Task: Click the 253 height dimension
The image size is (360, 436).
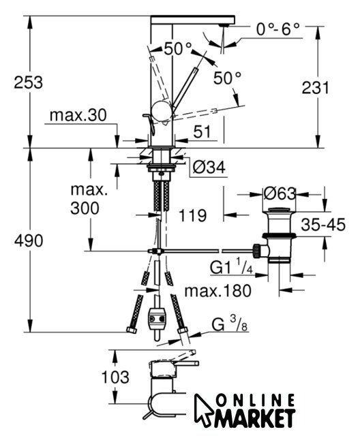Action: click(29, 82)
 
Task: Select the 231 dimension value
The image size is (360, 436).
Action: click(316, 88)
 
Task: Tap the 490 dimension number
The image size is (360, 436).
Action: click(29, 240)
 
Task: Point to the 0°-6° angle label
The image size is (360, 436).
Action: click(278, 29)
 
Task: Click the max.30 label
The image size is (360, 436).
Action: click(78, 115)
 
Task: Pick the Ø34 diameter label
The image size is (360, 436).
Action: click(209, 168)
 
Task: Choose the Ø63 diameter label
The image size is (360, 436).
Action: click(280, 193)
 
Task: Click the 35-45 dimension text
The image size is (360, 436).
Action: click(323, 224)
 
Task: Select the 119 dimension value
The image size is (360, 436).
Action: click(192, 215)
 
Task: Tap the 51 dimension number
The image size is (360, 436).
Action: click(202, 131)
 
